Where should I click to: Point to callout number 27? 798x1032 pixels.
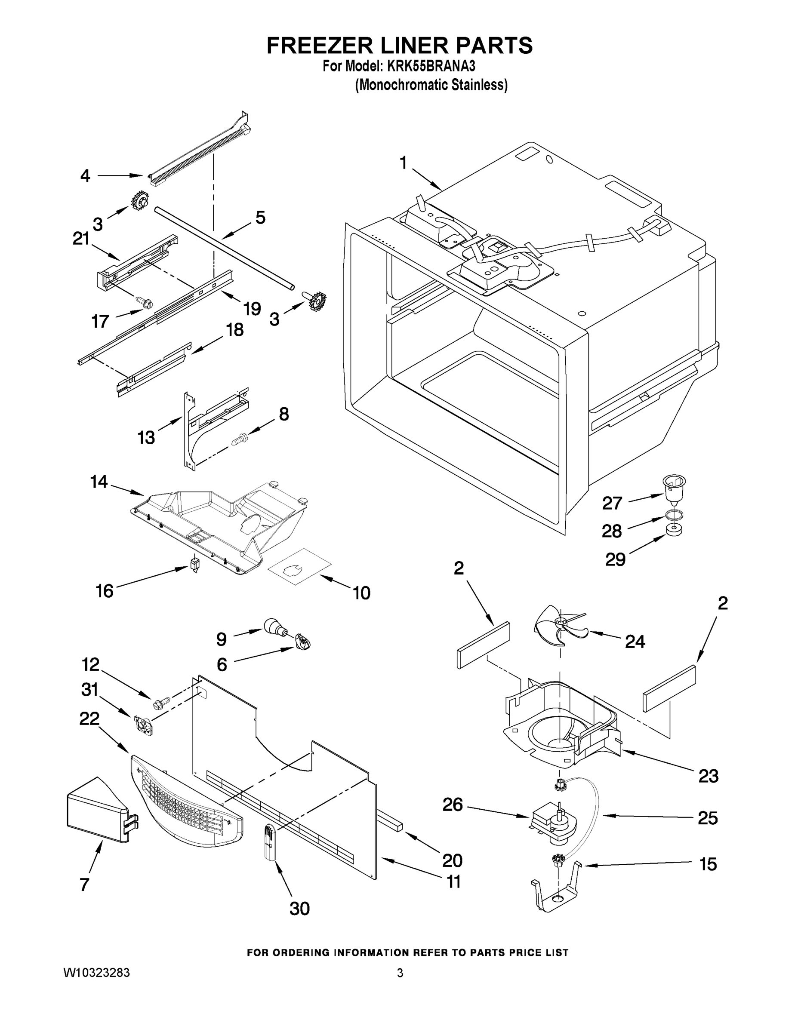point(612,503)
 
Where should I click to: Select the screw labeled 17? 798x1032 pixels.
point(142,300)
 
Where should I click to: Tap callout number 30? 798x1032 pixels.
point(299,908)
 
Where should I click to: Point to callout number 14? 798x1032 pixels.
point(99,482)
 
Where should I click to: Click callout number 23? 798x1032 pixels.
point(708,776)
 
